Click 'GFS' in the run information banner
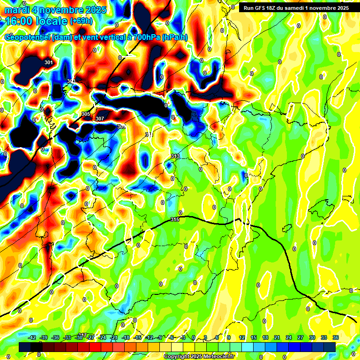(x=263, y=8)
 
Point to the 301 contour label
(x=49, y=62)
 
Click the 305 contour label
(x=86, y=114)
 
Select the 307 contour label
(x=100, y=119)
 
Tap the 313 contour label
(x=175, y=156)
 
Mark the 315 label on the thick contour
(x=175, y=219)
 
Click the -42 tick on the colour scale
(x=32, y=337)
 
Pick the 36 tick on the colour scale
(x=336, y=337)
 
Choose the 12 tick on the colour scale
(x=242, y=337)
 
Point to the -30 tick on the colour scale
(x=79, y=337)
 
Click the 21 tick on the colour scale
(x=277, y=337)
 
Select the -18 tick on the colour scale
(x=126, y=337)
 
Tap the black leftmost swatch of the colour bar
(x=25, y=347)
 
